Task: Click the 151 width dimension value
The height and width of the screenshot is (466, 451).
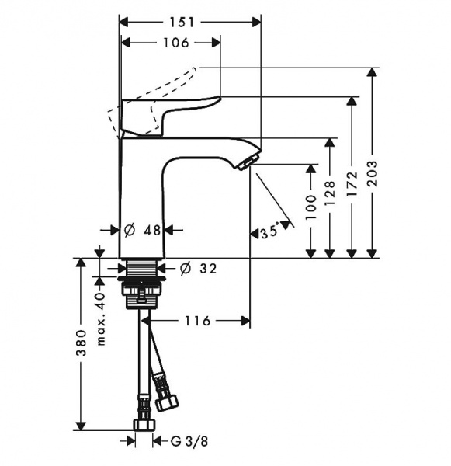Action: pyautogui.click(x=182, y=23)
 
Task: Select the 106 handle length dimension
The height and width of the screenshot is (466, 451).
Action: pyautogui.click(x=176, y=43)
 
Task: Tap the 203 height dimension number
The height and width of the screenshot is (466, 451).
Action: pyautogui.click(x=373, y=173)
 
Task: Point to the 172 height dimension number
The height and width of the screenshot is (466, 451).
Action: pyautogui.click(x=352, y=183)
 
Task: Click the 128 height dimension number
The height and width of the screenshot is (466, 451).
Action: pyautogui.click(x=329, y=193)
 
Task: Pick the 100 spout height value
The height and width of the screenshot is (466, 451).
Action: pyautogui.click(x=311, y=207)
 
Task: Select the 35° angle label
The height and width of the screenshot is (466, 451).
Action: pyautogui.click(x=270, y=231)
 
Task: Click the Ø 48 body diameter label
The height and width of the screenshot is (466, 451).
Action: pyautogui.click(x=143, y=230)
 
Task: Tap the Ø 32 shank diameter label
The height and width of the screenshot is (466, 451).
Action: pyautogui.click(x=199, y=269)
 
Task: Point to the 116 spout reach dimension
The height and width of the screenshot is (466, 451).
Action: pyautogui.click(x=197, y=321)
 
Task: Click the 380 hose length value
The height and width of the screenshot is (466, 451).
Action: pyautogui.click(x=81, y=343)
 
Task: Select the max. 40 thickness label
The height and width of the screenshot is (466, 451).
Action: pyautogui.click(x=101, y=318)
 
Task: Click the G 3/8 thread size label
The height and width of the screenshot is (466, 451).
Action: pyautogui.click(x=189, y=441)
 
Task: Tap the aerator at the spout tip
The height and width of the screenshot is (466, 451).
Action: pyautogui.click(x=245, y=163)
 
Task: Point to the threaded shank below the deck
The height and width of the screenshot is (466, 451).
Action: pyautogui.click(x=142, y=267)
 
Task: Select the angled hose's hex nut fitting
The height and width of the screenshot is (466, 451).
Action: pyautogui.click(x=168, y=402)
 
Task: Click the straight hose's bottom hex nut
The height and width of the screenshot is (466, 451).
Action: pyautogui.click(x=144, y=425)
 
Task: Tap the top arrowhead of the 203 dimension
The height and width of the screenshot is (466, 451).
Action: pyautogui.click(x=372, y=72)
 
